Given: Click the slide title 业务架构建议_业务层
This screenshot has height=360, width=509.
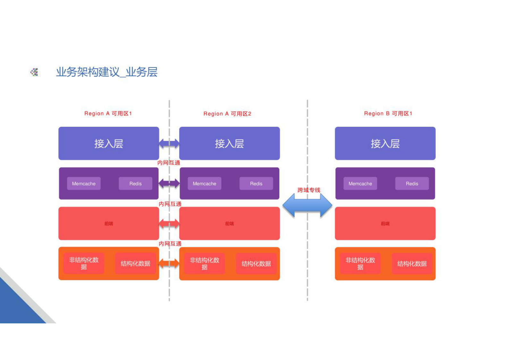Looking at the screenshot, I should pos(106,72).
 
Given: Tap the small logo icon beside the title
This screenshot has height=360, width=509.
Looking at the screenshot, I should pos(34,72).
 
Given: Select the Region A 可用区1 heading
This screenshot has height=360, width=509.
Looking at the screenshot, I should pos(108,113).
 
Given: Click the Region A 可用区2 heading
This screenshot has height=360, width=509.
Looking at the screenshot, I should pos(227,114).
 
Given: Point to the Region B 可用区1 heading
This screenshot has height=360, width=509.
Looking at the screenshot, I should pos(388,113).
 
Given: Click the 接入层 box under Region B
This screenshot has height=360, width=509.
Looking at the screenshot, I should pos(385,143).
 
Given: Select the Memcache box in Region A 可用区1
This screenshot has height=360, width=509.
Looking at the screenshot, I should pos(84,184).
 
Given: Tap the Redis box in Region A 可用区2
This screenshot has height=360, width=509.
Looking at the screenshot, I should pos(256,184).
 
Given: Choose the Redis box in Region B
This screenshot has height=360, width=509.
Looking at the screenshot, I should pos(412,184).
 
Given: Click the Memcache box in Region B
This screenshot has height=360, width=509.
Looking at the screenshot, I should pos(360,184).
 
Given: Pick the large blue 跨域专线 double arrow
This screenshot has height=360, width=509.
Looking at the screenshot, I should pos(307,206).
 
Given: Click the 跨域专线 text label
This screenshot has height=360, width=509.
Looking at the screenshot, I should pos(309,190).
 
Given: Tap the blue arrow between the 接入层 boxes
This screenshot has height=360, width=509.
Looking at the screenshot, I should pos(169,143).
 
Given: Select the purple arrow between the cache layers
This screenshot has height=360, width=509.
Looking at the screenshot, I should pos(169,184).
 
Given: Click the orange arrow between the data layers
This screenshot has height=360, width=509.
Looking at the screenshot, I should pos(169,263).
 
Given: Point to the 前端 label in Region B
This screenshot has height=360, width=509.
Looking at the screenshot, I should pos(385,224).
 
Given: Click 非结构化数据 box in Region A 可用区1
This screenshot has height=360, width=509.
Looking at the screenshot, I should pos(84,263).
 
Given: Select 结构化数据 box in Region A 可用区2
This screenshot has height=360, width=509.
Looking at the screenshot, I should pos(256,264).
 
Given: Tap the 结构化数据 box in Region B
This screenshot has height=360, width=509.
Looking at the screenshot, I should pos(412,264).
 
